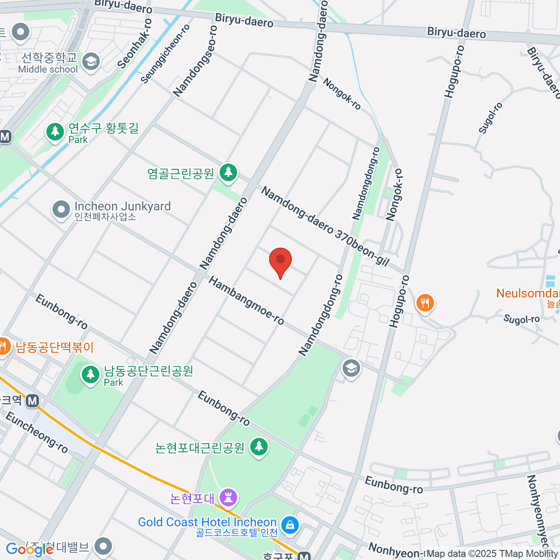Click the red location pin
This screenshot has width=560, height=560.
click(280, 261)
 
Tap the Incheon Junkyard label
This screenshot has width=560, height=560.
click(122, 207)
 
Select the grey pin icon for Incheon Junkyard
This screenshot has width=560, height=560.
click(61, 210)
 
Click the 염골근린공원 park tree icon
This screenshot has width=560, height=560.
click(228, 172)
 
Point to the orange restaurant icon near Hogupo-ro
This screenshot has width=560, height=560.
click(425, 303)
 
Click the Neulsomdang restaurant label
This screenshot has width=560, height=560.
click(527, 294)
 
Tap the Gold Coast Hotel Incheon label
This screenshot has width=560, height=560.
click(207, 522)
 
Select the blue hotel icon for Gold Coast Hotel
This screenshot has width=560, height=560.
click(290, 525)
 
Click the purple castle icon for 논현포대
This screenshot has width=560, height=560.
click(229, 497)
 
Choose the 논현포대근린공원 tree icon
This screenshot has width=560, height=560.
click(259, 447)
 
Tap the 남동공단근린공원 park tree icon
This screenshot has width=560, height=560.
click(90, 374)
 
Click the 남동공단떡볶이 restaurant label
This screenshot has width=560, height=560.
click(55, 348)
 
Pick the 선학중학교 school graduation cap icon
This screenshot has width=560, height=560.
click(91, 62)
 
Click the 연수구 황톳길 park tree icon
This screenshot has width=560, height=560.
click(55, 131)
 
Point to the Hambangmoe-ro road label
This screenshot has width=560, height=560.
click(246, 301)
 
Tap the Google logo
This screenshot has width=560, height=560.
click(29, 549)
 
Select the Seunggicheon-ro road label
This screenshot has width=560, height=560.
click(166, 54)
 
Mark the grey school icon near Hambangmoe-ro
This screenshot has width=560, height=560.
click(351, 368)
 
